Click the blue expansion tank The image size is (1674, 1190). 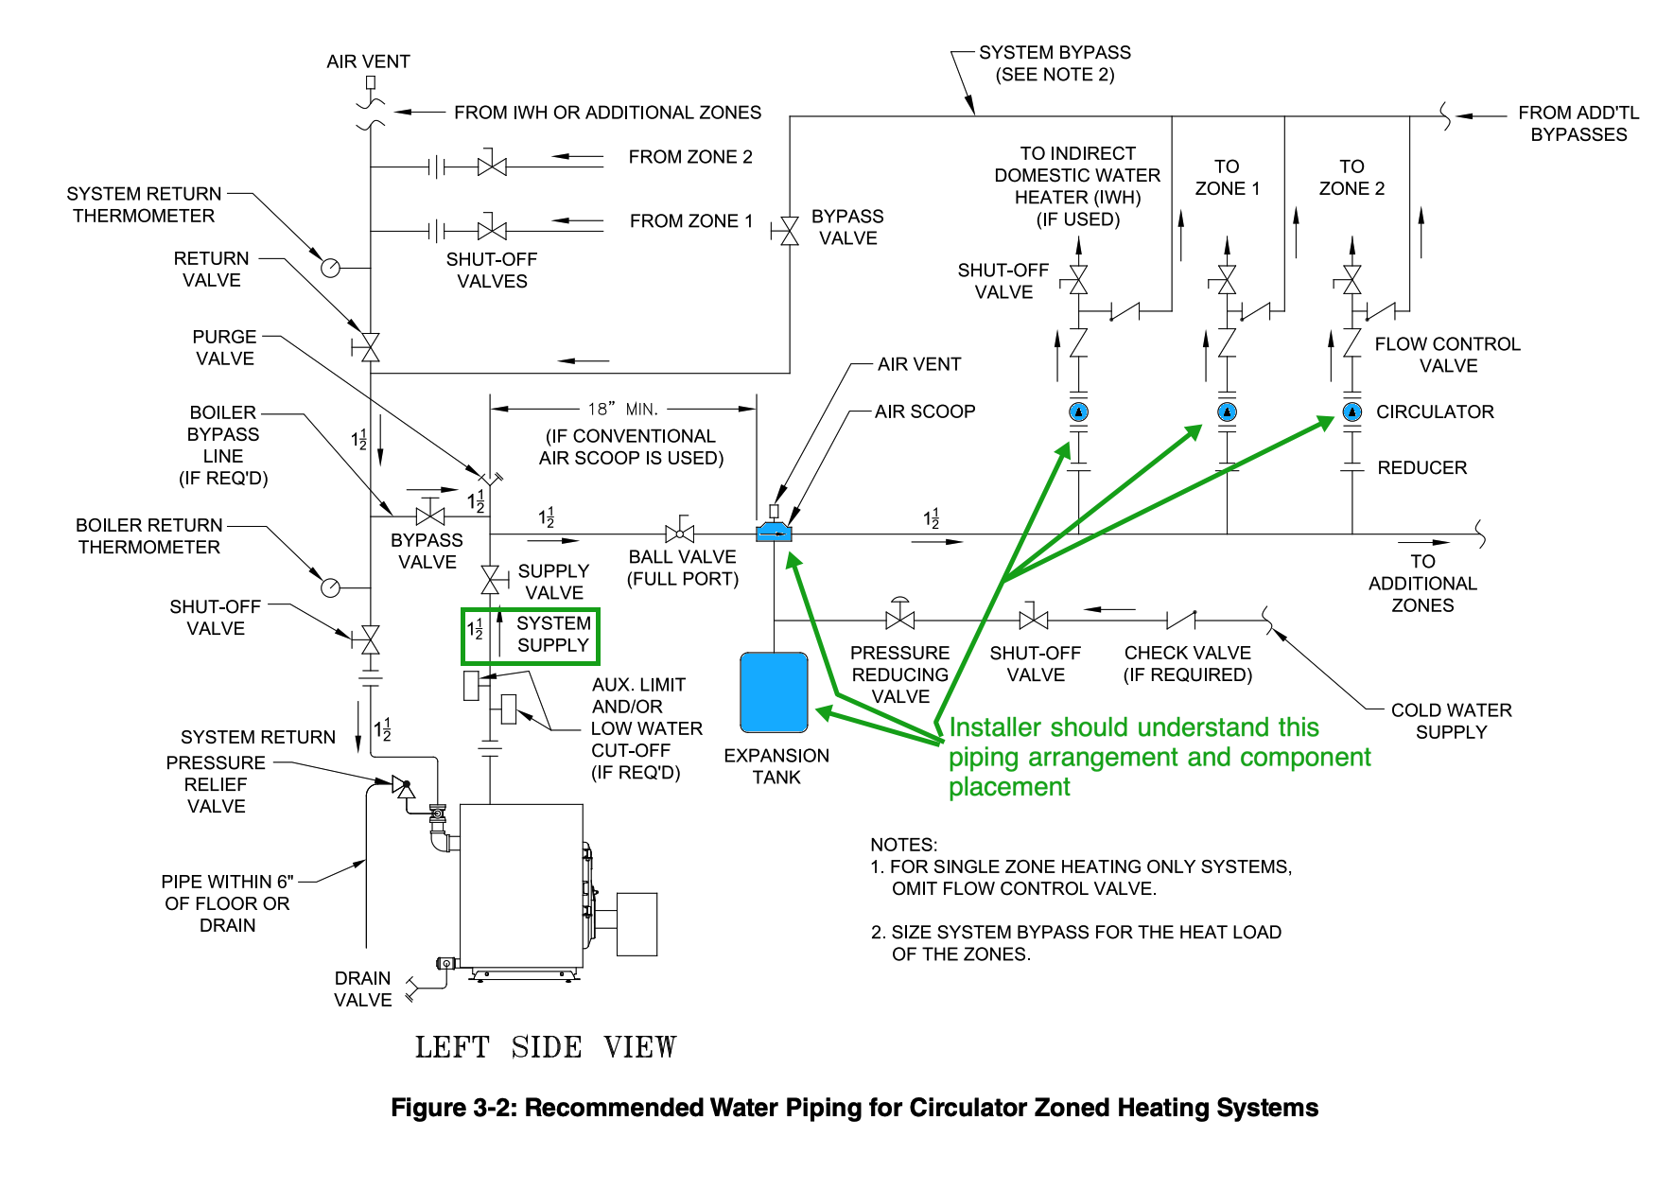pyautogui.click(x=774, y=692)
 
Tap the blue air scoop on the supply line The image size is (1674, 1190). pyautogui.click(x=774, y=534)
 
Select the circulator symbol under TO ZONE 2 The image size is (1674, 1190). pyautogui.click(x=1352, y=411)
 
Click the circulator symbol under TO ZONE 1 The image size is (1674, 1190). pyautogui.click(x=1227, y=411)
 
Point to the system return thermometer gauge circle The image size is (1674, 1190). pyautogui.click(x=330, y=268)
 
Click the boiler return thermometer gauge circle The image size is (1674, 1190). pyautogui.click(x=330, y=587)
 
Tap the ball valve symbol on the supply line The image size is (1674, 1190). pyautogui.click(x=680, y=534)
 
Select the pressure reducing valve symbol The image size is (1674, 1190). pyautogui.click(x=899, y=619)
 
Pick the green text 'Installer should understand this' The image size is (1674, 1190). pyautogui.click(x=1133, y=727)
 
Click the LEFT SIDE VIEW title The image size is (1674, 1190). pyautogui.click(x=546, y=1047)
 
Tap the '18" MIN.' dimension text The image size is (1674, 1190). pyautogui.click(x=622, y=409)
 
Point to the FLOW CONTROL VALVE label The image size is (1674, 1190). pyautogui.click(x=1447, y=355)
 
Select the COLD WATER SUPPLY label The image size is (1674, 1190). pyautogui.click(x=1451, y=721)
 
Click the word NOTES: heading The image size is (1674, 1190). pyautogui.click(x=903, y=845)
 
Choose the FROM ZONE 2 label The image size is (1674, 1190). pyautogui.click(x=690, y=157)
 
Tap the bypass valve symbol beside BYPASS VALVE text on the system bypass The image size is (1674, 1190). pyautogui.click(x=790, y=230)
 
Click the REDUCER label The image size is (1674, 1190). pyautogui.click(x=1421, y=467)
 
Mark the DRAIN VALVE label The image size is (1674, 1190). pyautogui.click(x=362, y=989)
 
